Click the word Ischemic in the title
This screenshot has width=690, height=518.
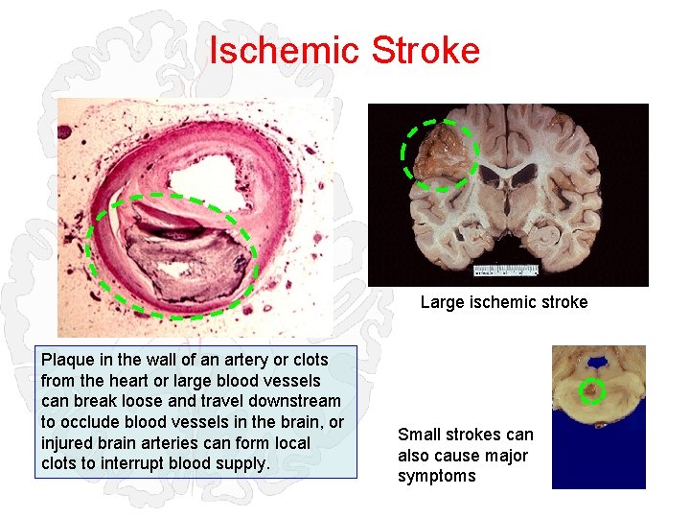click(278, 50)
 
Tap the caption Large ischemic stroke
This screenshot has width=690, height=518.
click(504, 302)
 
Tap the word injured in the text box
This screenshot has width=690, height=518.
click(67, 443)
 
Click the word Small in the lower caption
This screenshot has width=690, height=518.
click(420, 435)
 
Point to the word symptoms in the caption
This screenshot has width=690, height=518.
click(436, 476)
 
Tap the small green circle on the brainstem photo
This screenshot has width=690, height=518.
click(593, 390)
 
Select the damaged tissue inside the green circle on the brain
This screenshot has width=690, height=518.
click(439, 153)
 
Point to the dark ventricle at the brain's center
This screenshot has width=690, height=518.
click(508, 175)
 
